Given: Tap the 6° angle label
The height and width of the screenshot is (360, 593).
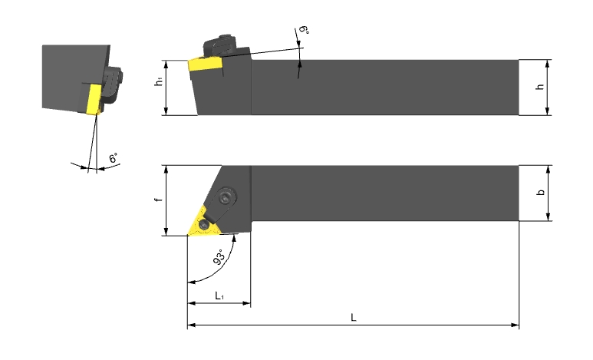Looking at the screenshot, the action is click(x=114, y=158).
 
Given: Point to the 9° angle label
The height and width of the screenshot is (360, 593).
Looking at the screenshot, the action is click(x=304, y=30).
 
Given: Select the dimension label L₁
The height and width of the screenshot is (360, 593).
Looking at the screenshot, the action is click(x=219, y=296).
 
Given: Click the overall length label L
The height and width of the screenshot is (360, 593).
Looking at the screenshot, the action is click(x=353, y=317).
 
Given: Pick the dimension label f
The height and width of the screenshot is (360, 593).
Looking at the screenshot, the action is click(x=160, y=199).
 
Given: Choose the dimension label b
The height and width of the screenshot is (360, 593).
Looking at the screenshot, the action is click(x=541, y=192).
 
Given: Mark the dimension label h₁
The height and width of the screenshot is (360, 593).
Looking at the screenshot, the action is click(x=160, y=82).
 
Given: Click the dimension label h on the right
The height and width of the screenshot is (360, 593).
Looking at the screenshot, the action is click(x=540, y=87).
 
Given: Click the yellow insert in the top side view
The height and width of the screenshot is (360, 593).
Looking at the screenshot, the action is click(x=205, y=64).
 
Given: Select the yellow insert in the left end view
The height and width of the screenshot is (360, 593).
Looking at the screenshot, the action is click(x=94, y=99).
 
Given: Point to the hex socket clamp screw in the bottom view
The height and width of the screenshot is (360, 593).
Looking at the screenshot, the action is click(x=226, y=197).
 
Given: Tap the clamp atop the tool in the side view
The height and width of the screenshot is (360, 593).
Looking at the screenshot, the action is click(x=220, y=45).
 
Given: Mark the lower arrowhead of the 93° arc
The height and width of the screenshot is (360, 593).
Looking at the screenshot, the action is click(x=192, y=282).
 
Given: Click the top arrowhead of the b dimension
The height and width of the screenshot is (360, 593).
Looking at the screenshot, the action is click(x=548, y=169).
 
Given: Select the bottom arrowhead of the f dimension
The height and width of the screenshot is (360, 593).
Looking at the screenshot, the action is click(x=166, y=231).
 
